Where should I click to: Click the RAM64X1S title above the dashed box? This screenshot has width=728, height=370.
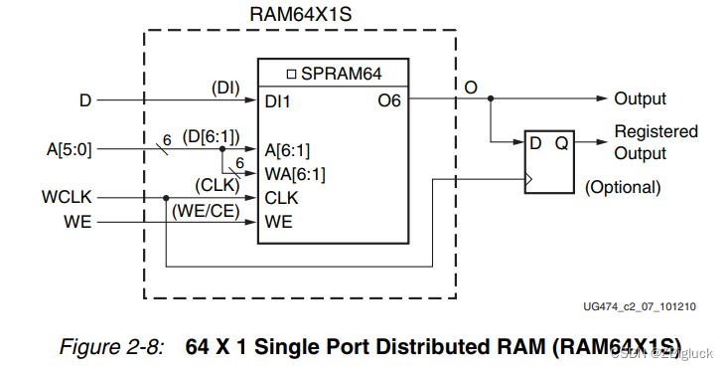(300, 14)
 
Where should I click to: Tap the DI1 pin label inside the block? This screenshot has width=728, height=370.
(279, 99)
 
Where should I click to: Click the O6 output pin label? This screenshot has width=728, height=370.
(389, 99)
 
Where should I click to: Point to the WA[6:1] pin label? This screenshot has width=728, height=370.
(295, 174)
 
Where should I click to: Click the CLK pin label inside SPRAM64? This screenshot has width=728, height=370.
(281, 198)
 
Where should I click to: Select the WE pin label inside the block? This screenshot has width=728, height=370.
(278, 222)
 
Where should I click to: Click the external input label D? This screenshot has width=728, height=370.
(85, 99)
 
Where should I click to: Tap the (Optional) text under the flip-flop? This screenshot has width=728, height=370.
(623, 187)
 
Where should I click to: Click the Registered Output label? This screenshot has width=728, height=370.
(655, 142)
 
